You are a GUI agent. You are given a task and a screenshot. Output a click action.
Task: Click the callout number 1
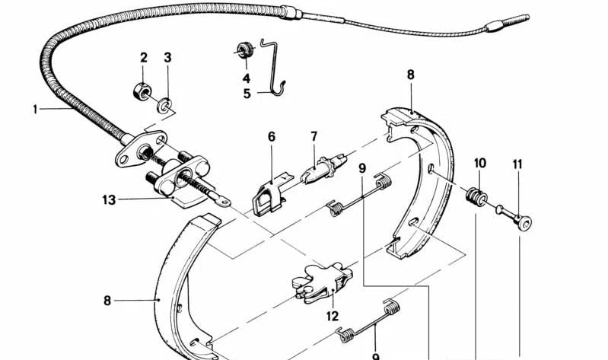[35, 110]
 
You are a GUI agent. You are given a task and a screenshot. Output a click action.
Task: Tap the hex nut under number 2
[141, 91]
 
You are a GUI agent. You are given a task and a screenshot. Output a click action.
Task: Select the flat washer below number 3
[165, 106]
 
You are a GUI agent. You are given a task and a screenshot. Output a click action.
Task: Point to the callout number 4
[247, 78]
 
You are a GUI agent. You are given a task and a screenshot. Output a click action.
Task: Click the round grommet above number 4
[245, 50]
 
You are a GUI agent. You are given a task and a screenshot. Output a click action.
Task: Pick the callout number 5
[247, 94]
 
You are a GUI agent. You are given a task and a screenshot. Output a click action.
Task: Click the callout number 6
[272, 136]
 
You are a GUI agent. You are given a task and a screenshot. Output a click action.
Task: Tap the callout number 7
[314, 136]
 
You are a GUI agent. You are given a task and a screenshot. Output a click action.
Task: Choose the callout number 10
[480, 163]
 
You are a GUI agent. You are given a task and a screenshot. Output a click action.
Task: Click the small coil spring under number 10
[476, 196]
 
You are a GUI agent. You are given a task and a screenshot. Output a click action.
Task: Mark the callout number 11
[517, 164]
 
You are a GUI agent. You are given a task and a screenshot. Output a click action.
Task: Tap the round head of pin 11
[524, 224]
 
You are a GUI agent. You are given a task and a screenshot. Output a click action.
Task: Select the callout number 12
[333, 316]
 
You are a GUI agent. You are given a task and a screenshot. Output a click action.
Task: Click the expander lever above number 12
[322, 283]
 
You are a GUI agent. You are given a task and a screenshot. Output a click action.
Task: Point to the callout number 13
[109, 199]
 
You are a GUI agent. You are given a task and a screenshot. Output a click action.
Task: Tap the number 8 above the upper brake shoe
[411, 75]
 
